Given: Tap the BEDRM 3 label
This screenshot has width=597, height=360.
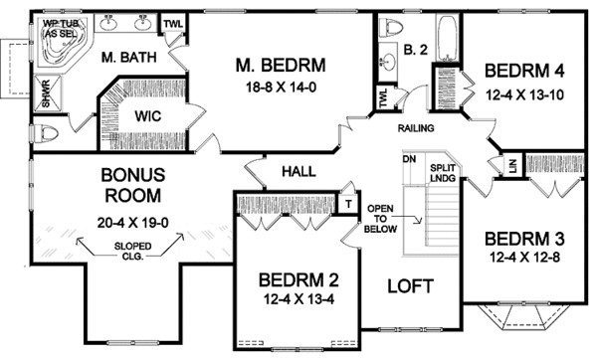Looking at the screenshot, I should tap(527, 240).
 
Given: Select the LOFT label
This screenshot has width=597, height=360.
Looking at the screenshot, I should tap(409, 286).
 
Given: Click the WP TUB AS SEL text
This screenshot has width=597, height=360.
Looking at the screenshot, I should tap(61, 31).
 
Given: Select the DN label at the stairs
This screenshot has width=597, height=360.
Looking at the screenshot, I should tap(408, 159).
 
